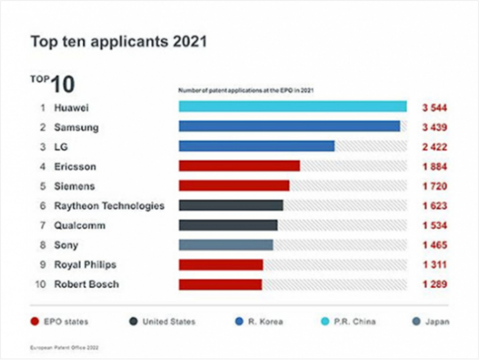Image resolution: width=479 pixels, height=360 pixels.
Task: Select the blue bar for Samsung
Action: (x=289, y=127)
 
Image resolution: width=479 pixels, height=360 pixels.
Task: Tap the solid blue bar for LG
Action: (x=256, y=146)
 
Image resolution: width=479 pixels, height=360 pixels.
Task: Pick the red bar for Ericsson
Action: (x=239, y=166)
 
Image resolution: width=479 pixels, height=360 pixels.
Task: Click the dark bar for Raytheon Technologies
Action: (x=231, y=205)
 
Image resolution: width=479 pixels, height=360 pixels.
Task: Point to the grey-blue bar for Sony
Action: (x=226, y=245)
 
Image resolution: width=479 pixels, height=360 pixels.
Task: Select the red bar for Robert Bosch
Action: (x=220, y=284)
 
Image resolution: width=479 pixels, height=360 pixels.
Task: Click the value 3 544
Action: (x=434, y=108)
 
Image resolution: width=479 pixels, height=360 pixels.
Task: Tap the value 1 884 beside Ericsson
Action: (x=434, y=167)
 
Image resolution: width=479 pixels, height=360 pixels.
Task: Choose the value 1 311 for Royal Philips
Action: (x=434, y=265)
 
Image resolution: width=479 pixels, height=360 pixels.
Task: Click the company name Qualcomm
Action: (x=79, y=226)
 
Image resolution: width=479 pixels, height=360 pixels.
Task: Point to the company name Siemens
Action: (x=74, y=186)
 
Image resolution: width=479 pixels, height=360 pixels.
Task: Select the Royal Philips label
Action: (x=85, y=265)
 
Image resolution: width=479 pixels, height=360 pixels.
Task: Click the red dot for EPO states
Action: (x=35, y=321)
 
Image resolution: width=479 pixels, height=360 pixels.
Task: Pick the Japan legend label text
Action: (x=437, y=321)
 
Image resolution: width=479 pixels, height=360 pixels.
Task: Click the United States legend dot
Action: (x=134, y=321)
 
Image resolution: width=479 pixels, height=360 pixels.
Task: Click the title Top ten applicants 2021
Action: (x=118, y=42)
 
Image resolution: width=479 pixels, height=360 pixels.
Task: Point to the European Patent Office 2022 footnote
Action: (x=64, y=348)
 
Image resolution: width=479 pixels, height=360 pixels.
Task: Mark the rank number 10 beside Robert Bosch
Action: (x=40, y=284)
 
